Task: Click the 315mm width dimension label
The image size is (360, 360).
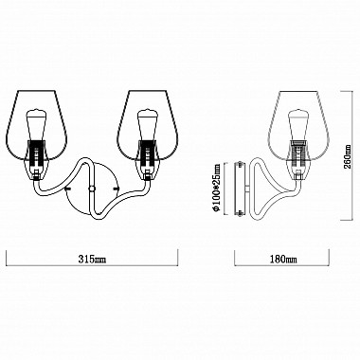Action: tap(92, 260)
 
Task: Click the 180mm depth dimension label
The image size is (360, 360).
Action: tap(283, 260)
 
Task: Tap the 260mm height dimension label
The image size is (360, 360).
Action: tap(348, 157)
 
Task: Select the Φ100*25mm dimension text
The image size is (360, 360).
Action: tap(217, 189)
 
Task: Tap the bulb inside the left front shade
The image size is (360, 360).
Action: tap(37, 125)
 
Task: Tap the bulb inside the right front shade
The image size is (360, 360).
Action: tap(148, 125)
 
